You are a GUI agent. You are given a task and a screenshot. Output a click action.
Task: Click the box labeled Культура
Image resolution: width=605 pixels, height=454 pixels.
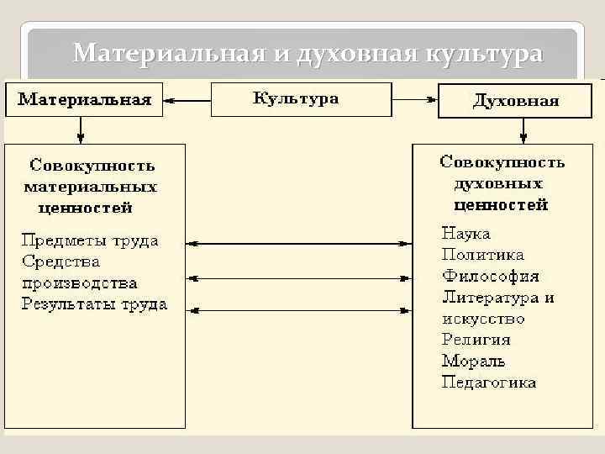click(296, 99)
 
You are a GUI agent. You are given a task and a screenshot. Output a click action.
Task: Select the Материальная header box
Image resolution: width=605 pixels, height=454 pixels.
click(85, 100)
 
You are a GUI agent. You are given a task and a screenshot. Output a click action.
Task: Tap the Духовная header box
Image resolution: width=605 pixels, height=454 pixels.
click(516, 101)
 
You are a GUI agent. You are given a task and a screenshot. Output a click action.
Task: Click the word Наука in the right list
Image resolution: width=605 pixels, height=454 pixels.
click(466, 233)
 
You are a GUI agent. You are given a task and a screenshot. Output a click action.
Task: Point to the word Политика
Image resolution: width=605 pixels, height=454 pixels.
click(482, 254)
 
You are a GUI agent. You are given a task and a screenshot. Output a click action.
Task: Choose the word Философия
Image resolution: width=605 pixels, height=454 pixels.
click(491, 276)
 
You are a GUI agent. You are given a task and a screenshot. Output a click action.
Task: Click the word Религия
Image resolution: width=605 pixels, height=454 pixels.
click(476, 340)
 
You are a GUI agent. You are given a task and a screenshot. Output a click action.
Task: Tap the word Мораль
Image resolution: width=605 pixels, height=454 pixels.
click(474, 362)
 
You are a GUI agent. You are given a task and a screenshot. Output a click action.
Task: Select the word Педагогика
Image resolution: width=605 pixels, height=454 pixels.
click(489, 383)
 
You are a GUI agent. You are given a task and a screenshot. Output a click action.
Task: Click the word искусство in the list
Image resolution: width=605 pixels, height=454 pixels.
click(483, 319)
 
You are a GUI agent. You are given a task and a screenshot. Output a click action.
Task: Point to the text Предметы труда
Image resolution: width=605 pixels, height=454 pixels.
click(90, 240)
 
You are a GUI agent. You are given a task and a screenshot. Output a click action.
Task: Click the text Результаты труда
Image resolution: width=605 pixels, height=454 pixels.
click(95, 304)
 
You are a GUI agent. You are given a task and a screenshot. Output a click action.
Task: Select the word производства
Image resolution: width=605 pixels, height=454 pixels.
click(80, 283)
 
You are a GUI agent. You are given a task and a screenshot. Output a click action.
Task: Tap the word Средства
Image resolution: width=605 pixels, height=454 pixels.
click(61, 261)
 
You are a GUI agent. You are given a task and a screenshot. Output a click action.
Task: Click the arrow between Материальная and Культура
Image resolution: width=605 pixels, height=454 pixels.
click(187, 100)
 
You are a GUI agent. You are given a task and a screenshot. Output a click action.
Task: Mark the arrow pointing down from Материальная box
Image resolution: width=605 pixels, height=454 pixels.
click(81, 129)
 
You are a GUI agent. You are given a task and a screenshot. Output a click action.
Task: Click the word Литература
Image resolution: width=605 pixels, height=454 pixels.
click(491, 297)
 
